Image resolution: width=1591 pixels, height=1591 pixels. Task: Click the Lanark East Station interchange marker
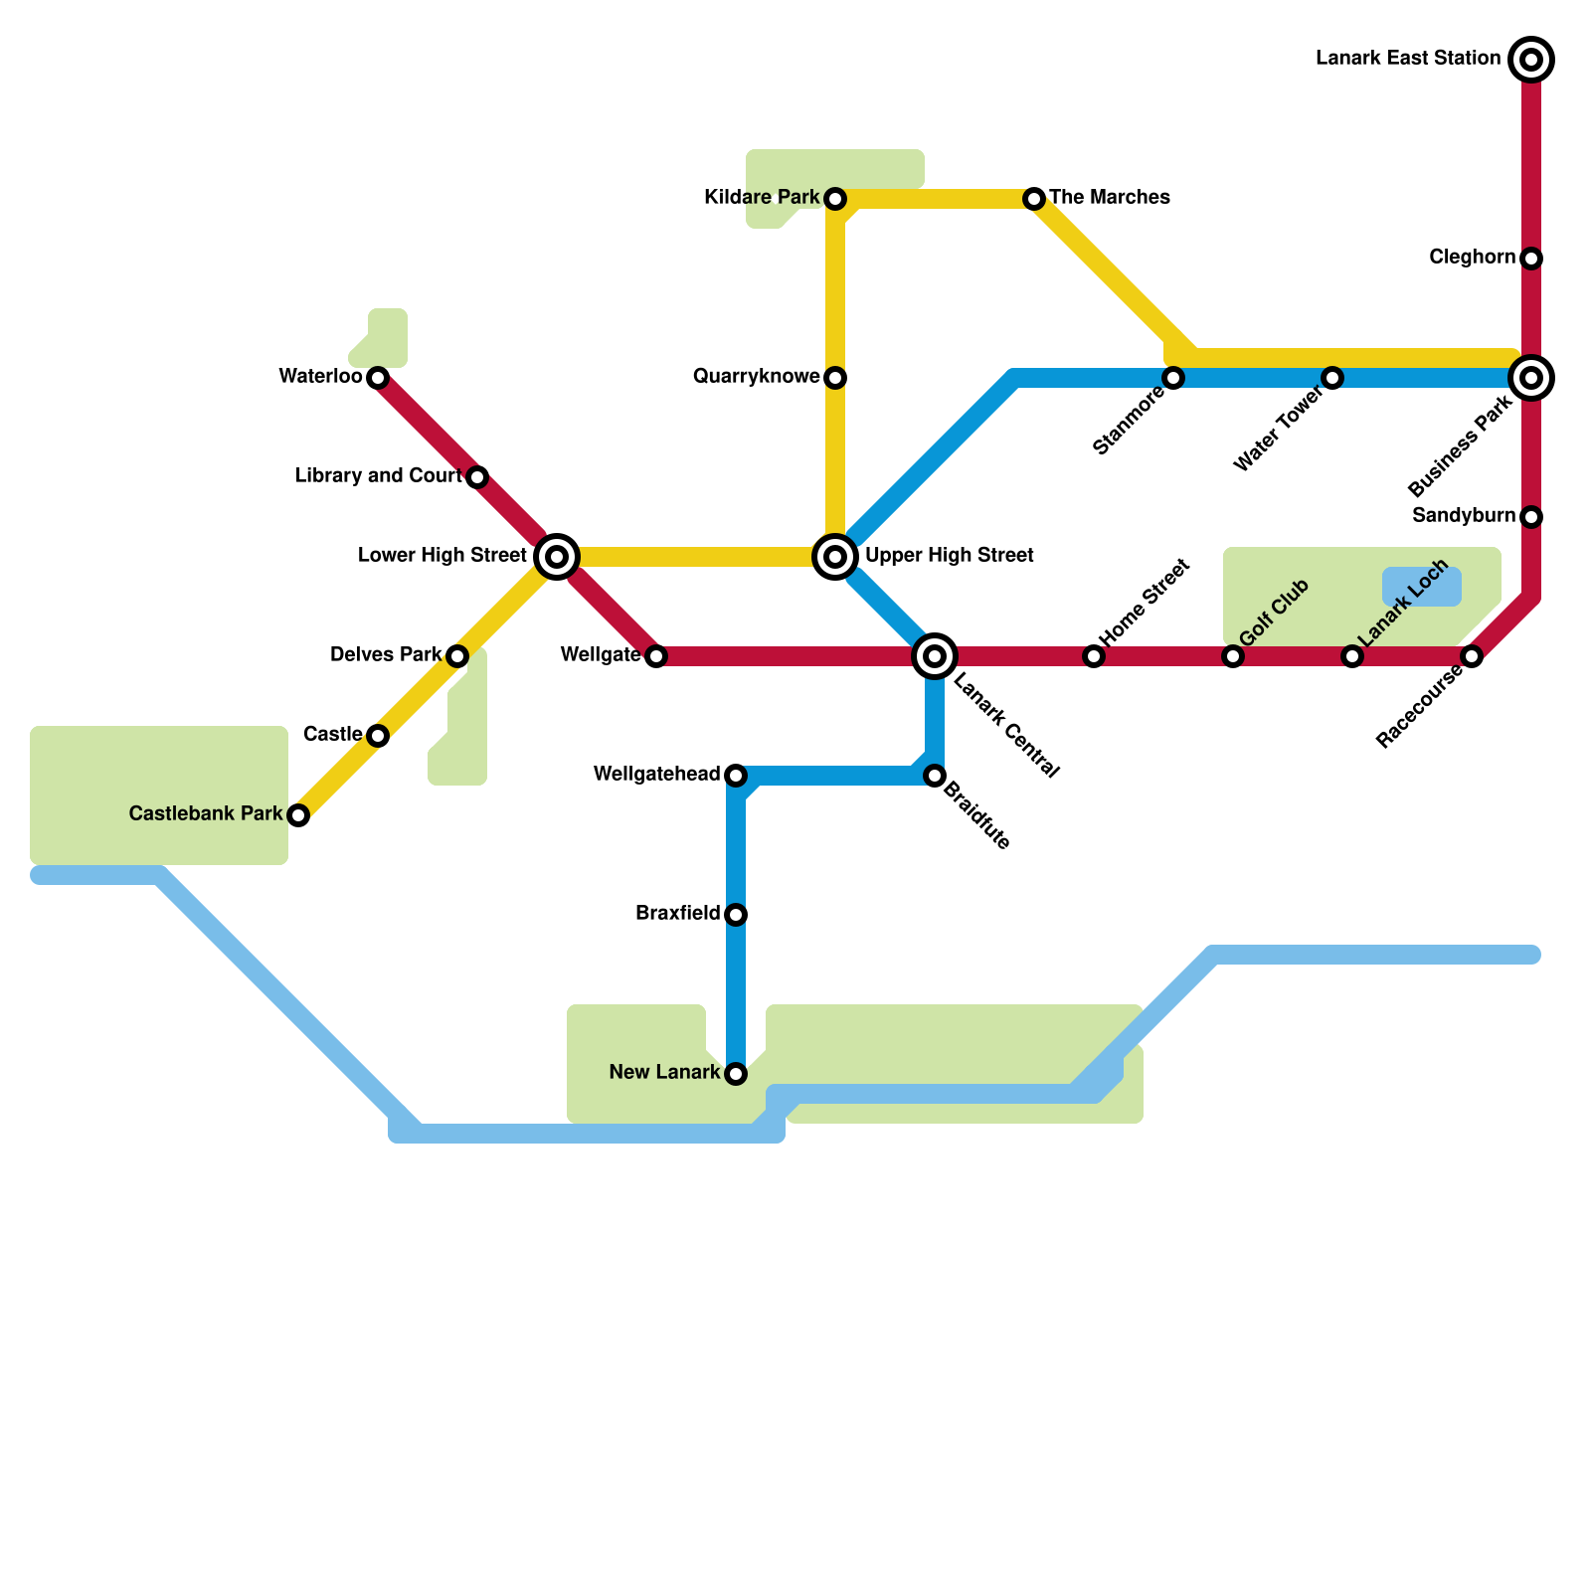point(1531,60)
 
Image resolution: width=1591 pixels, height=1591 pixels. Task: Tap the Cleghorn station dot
point(1531,259)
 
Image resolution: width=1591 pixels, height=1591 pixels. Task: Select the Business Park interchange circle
point(1531,378)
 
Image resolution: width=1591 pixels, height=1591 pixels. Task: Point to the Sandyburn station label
point(1463,516)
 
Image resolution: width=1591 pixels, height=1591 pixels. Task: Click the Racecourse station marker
point(1472,656)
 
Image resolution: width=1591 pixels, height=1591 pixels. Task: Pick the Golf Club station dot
point(1233,656)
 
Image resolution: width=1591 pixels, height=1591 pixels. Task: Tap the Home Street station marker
point(1094,656)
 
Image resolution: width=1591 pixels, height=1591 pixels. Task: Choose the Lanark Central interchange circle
point(935,656)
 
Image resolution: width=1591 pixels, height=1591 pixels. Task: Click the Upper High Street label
point(949,556)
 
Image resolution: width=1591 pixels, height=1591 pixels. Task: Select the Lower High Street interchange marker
point(557,557)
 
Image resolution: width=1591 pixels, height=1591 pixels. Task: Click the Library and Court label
point(379,476)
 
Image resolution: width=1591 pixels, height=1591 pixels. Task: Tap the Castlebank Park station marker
point(298,815)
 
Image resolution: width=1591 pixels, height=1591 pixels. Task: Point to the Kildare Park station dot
point(835,199)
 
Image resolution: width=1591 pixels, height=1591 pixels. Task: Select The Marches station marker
point(1034,199)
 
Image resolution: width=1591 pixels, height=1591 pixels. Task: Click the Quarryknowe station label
point(756,377)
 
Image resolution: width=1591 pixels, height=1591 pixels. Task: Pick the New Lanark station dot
point(736,1074)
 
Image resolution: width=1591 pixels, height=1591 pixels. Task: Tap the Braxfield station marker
point(736,915)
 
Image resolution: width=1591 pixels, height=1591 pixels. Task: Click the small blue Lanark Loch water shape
point(1422,587)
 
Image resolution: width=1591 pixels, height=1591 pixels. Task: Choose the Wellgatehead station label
point(656,775)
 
